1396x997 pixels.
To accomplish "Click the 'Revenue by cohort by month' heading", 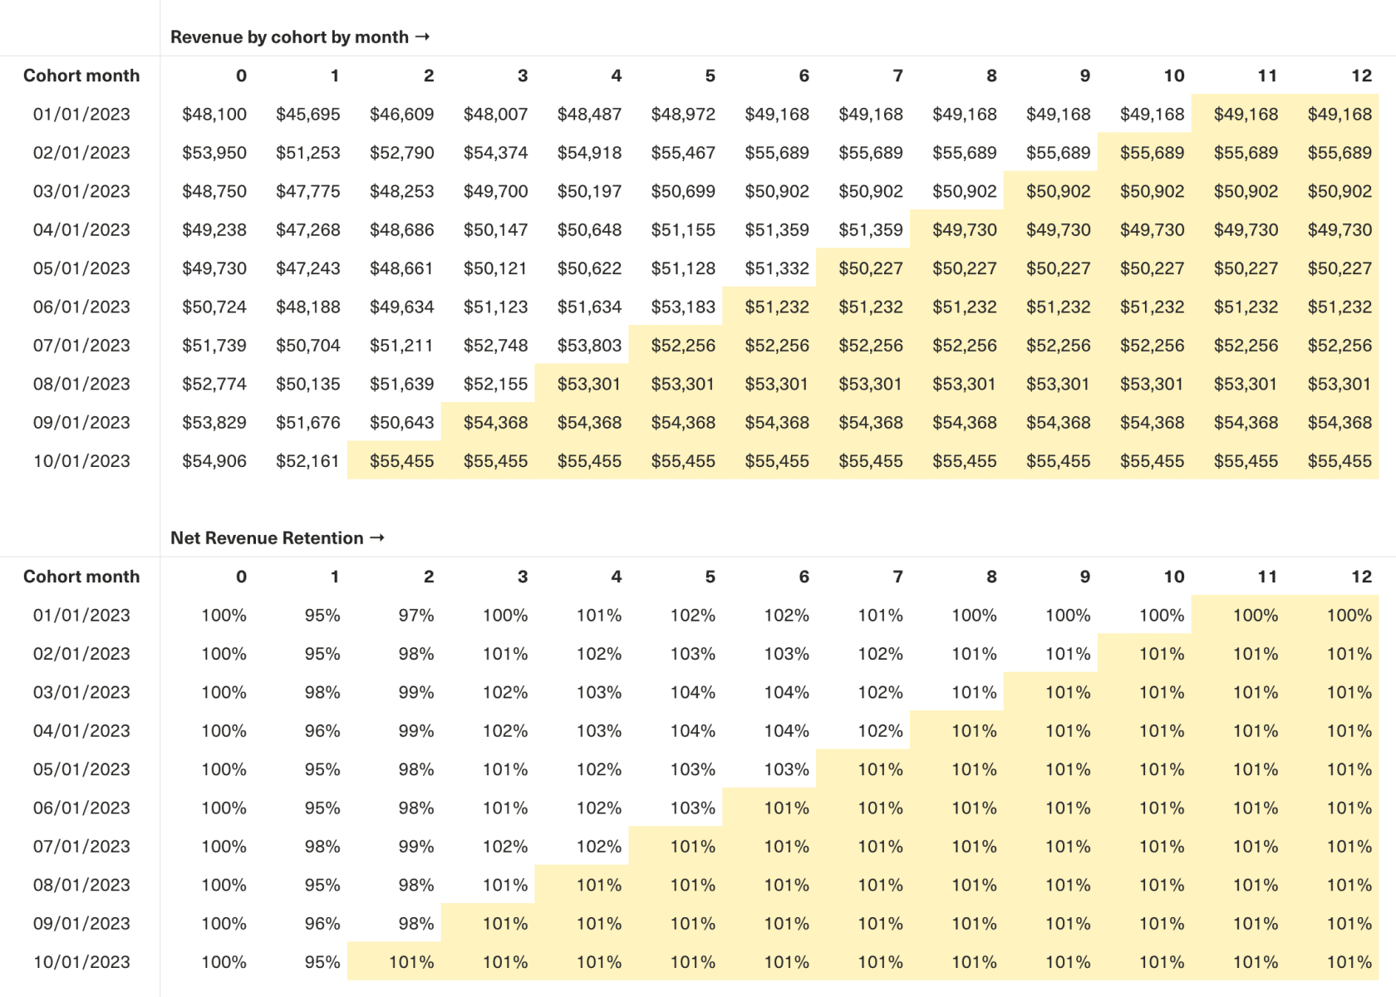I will click(x=289, y=37).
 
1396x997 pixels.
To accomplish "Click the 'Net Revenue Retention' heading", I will click(x=267, y=538).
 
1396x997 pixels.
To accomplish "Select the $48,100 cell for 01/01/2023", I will click(x=214, y=115).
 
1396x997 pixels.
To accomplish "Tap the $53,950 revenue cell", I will click(x=214, y=153).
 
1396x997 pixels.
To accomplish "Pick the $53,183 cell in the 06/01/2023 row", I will click(x=683, y=307).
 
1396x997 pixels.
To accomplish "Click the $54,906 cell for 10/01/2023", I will click(x=214, y=461).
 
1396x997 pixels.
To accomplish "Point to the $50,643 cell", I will click(x=402, y=423).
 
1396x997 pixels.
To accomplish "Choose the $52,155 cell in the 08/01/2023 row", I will click(x=496, y=385).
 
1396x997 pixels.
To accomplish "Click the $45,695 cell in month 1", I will click(x=308, y=115).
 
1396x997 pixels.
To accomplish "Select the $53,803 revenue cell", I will click(x=590, y=346).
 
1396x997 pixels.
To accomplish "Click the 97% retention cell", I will click(x=416, y=616).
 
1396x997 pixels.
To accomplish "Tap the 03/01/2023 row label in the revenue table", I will click(x=81, y=192).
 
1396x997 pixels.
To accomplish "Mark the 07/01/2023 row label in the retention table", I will click(x=81, y=847).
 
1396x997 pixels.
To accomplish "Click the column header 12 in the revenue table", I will click(x=1361, y=76).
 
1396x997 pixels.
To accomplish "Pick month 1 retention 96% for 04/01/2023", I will click(x=322, y=731).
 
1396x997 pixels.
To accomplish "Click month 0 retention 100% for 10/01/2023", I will click(x=224, y=962).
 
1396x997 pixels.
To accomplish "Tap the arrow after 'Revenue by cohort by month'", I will click(x=422, y=37).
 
